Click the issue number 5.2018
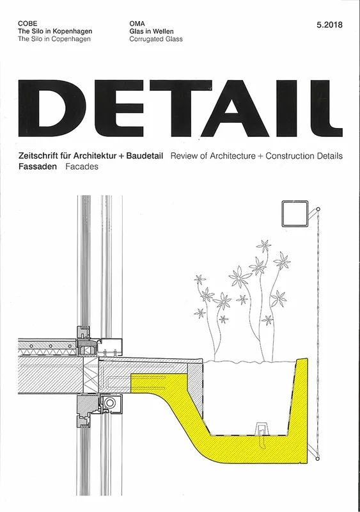pos(329,25)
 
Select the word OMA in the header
pos(137,24)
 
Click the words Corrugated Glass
pos(156,39)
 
